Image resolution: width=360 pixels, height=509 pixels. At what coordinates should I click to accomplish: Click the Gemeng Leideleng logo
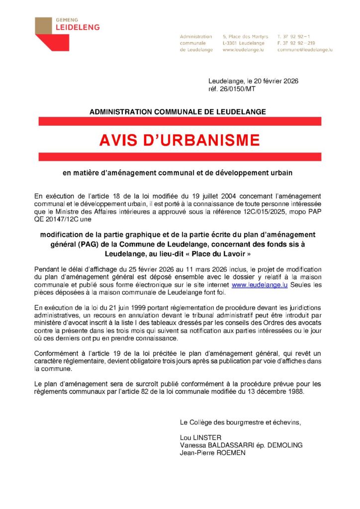click(x=67, y=33)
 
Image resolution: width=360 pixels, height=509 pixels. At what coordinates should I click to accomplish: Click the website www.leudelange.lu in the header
click(x=243, y=50)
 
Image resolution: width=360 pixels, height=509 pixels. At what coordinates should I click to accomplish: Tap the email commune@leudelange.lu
click(x=305, y=50)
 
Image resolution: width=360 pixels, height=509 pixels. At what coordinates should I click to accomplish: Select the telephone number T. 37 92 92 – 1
click(x=294, y=36)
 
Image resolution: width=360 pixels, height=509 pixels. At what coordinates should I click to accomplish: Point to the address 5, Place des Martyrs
click(x=245, y=36)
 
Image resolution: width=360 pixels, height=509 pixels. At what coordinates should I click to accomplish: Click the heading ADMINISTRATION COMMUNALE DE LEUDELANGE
click(x=178, y=112)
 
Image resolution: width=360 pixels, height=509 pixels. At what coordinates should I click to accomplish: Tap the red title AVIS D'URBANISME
click(x=180, y=141)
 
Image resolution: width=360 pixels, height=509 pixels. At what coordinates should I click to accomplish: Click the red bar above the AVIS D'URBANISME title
click(x=180, y=121)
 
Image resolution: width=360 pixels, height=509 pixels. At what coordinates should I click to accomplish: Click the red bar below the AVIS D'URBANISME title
click(x=180, y=157)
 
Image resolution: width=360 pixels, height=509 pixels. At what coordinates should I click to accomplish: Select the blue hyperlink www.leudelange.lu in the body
click(x=260, y=285)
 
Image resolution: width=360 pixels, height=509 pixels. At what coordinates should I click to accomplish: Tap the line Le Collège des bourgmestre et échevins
click(x=240, y=423)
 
